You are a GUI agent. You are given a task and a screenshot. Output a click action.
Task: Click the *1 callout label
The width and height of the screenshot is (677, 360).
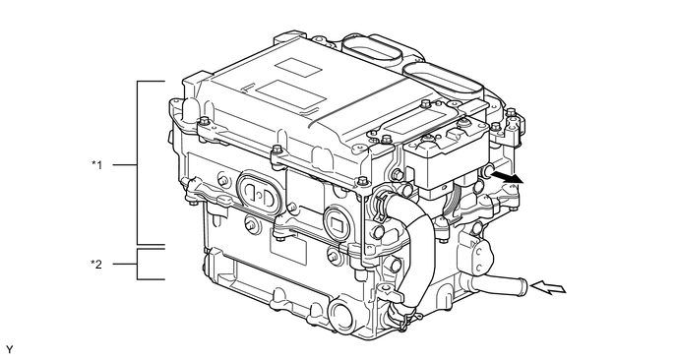click(x=97, y=164)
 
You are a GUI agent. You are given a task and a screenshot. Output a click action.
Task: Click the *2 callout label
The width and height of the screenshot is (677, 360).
click(x=96, y=264)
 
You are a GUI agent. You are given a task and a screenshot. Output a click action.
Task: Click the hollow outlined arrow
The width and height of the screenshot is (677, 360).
click(x=547, y=287)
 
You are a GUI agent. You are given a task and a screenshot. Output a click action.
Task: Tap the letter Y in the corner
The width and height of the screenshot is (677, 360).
click(x=10, y=349)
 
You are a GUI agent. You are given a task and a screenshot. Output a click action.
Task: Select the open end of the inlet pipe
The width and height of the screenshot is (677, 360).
click(x=523, y=285)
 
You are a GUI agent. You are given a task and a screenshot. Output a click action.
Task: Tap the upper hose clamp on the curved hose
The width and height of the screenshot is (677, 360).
click(x=381, y=200)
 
